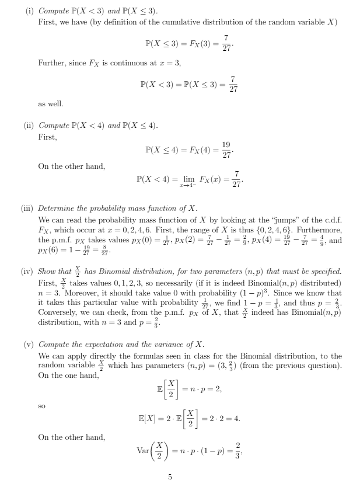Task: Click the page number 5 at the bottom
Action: click(170, 477)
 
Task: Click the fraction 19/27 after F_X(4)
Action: click(226, 150)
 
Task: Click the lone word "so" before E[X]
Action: click(41, 404)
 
